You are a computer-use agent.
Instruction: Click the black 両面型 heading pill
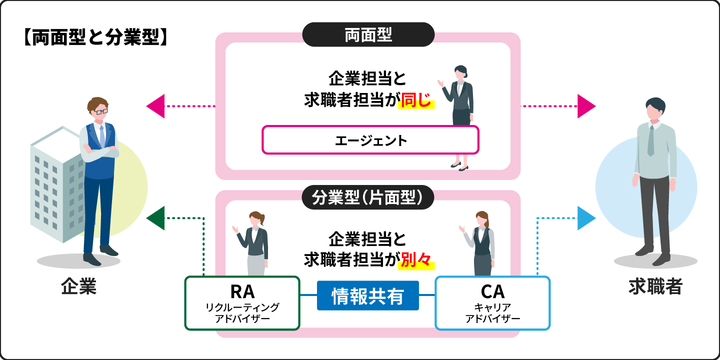tap(368, 35)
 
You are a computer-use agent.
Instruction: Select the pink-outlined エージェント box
tap(370, 140)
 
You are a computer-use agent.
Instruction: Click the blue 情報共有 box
tap(367, 296)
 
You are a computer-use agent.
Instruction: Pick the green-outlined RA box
tap(242, 303)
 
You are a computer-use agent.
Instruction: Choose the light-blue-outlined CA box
tap(492, 303)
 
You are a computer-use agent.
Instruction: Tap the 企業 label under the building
tap(78, 287)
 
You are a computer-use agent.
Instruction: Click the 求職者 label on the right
tap(655, 287)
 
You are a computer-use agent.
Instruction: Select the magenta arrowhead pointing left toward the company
tap(155, 106)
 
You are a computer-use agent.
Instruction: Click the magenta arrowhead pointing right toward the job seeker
tap(586, 106)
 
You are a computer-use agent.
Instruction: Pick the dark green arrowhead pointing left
tap(155, 218)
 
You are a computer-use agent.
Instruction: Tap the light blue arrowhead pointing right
tap(586, 218)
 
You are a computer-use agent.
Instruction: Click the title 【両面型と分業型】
tap(94, 38)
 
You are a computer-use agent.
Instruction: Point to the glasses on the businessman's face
tap(98, 111)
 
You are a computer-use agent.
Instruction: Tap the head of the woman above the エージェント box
tap(460, 73)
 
